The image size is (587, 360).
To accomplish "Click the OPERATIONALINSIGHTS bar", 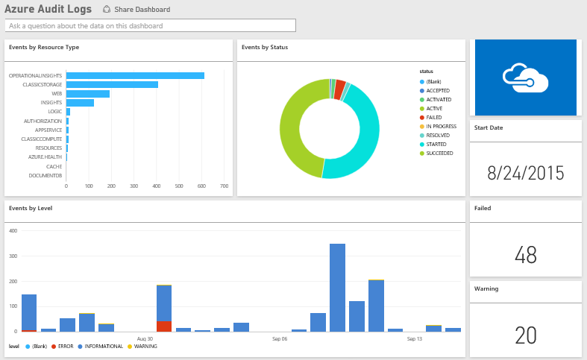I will pyautogui.click(x=135, y=75).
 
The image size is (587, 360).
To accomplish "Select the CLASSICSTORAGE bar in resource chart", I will pyautogui.click(x=112, y=84).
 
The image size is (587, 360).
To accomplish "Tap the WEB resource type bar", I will pyautogui.click(x=88, y=94).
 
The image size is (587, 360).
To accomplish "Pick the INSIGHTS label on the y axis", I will pyautogui.click(x=51, y=103).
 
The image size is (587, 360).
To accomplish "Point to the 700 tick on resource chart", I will pyautogui.click(x=225, y=186).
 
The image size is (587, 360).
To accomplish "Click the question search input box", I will pyautogui.click(x=150, y=25).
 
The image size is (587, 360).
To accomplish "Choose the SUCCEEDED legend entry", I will pyautogui.click(x=439, y=153).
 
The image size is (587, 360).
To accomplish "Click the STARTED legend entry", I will pyautogui.click(x=436, y=144).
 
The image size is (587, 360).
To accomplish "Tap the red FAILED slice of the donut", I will pyautogui.click(x=339, y=89).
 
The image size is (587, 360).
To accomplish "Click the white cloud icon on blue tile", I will pyautogui.click(x=525, y=78).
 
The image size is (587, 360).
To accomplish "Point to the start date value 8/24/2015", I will pyautogui.click(x=525, y=174).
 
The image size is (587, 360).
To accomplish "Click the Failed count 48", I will pyautogui.click(x=525, y=255).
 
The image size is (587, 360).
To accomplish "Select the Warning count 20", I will pyautogui.click(x=525, y=335).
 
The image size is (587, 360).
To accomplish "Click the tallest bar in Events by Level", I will pyautogui.click(x=337, y=287).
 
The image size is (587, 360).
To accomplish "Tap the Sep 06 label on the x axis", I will pyautogui.click(x=280, y=338).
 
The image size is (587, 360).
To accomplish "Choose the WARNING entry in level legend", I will pyautogui.click(x=145, y=346).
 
